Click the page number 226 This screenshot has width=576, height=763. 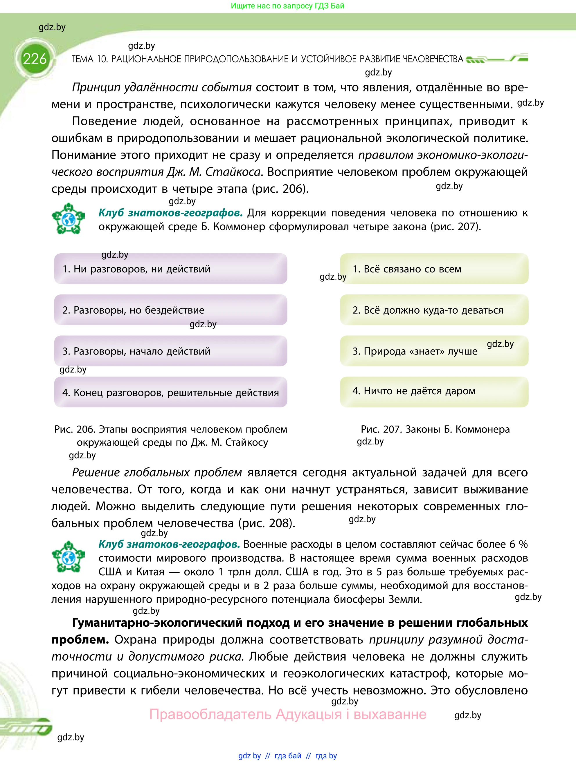(x=35, y=59)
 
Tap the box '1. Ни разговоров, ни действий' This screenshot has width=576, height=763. (x=170, y=269)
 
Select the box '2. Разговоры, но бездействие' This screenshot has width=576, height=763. (x=170, y=310)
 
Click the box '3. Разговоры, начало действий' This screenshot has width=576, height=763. (x=170, y=351)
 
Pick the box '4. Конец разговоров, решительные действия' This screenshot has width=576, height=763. (x=170, y=392)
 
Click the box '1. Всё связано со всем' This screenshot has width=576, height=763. (x=434, y=269)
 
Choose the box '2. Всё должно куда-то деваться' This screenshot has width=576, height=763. (x=434, y=310)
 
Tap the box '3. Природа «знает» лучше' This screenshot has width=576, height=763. (x=434, y=351)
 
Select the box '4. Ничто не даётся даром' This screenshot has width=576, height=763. (x=434, y=391)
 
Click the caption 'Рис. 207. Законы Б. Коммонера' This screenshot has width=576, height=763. (x=435, y=429)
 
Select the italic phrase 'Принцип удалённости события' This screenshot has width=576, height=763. (x=161, y=87)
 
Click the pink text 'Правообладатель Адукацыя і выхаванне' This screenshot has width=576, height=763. (x=287, y=714)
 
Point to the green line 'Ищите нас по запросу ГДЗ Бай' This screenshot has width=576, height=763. (x=287, y=6)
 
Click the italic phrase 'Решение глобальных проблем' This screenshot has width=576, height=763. (x=157, y=472)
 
